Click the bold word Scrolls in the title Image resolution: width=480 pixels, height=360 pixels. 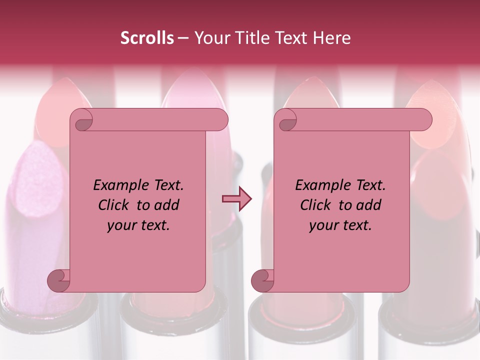pyautogui.click(x=147, y=38)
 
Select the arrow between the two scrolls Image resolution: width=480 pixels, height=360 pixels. pyautogui.click(x=236, y=199)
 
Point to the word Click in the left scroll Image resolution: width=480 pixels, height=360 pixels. pyautogui.click(x=114, y=205)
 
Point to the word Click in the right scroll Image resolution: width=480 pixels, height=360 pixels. pyautogui.click(x=316, y=205)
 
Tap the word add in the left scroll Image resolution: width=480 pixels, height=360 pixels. pyautogui.click(x=167, y=205)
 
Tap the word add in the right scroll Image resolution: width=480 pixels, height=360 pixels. pyautogui.click(x=369, y=205)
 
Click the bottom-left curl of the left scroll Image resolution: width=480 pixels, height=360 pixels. pyautogui.click(x=58, y=280)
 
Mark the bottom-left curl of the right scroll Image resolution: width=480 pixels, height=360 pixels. pyautogui.click(x=262, y=280)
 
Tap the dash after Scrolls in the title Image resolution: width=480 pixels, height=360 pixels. pyautogui.click(x=183, y=38)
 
